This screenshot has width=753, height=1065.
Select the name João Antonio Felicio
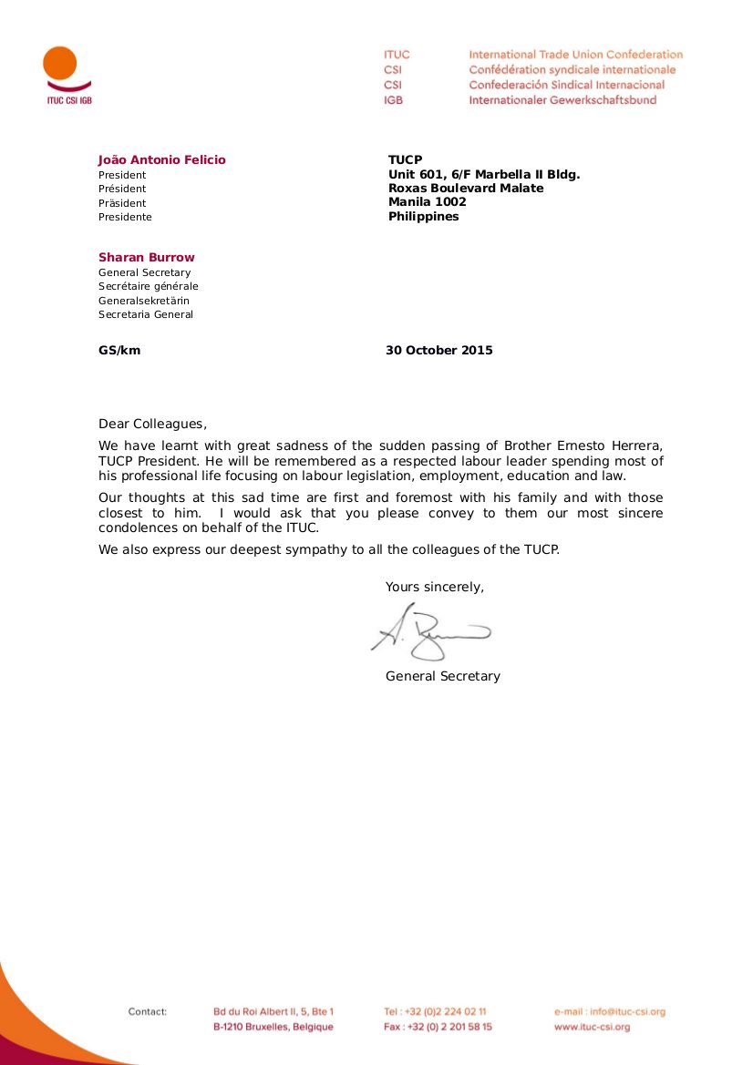(161, 160)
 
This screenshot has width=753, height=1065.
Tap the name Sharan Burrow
(146, 258)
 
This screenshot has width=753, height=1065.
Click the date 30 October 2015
(438, 350)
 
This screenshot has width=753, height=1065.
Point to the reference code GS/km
(119, 350)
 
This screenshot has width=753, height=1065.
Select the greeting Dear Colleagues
(152, 424)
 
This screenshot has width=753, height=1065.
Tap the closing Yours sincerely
(434, 587)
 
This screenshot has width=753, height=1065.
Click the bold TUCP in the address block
(405, 160)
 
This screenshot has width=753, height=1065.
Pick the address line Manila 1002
(427, 202)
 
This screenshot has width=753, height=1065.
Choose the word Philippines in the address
(423, 217)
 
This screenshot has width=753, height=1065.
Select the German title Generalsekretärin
(144, 301)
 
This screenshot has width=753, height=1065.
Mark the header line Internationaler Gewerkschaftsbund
(562, 100)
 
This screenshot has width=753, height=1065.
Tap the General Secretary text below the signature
(442, 676)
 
